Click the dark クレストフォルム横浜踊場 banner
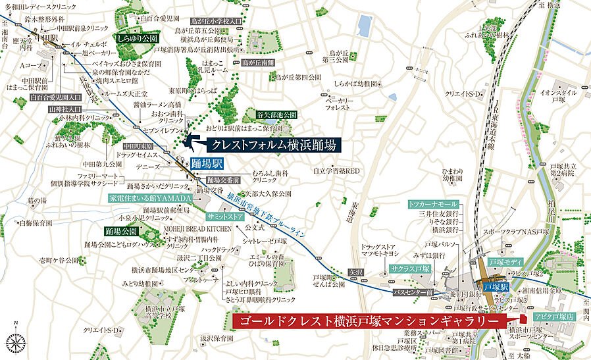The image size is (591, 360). click(x=274, y=145)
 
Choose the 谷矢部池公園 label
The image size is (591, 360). click(x=276, y=114)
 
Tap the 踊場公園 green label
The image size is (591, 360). click(x=120, y=231)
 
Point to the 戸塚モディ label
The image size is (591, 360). click(x=505, y=263)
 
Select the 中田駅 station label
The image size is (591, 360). click(x=47, y=38)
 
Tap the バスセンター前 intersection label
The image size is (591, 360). click(x=411, y=290)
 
